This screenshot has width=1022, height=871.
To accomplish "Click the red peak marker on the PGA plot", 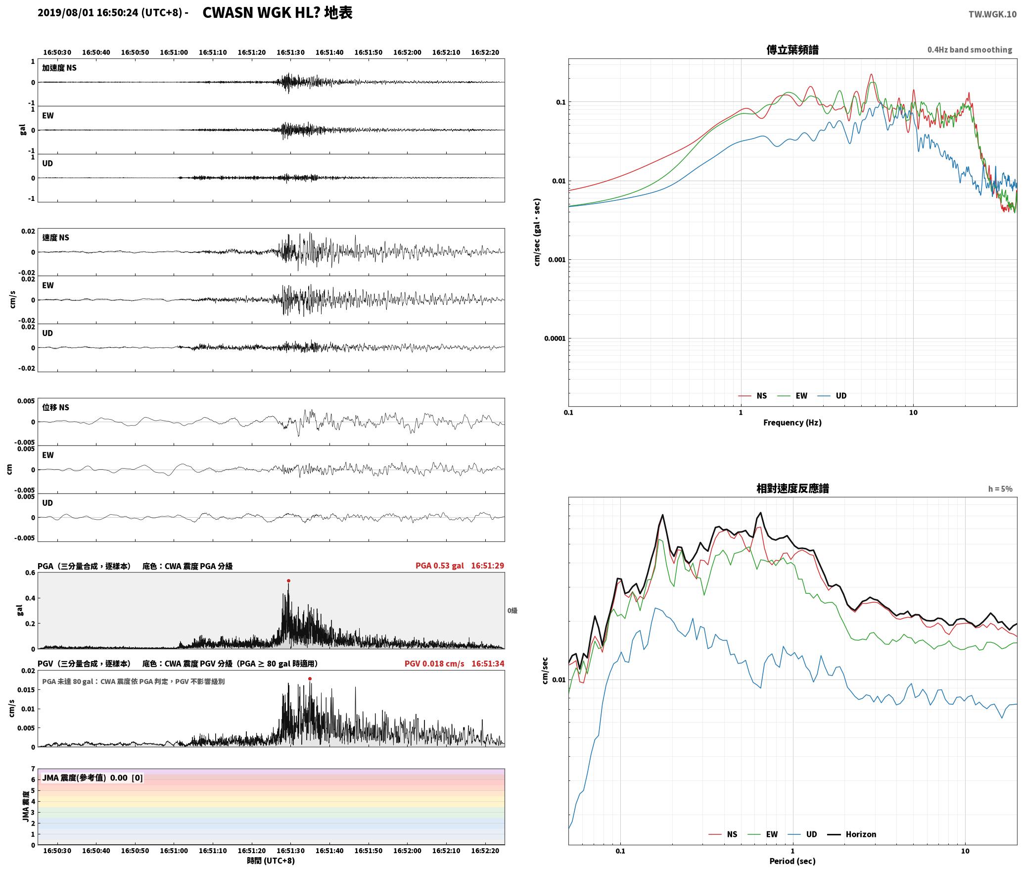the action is click(288, 581).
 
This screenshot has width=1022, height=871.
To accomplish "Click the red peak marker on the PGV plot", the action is click(310, 678).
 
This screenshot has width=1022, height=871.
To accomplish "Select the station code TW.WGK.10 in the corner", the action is click(992, 14).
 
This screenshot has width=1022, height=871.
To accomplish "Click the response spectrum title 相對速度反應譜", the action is click(792, 488).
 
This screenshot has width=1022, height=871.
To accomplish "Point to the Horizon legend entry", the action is click(852, 834).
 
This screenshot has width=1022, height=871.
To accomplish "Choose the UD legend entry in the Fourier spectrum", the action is click(832, 395).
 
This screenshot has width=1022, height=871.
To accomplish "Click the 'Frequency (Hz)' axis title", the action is click(792, 422).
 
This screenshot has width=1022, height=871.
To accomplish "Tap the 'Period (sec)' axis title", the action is click(792, 861).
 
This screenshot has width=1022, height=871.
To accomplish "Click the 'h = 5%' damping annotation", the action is click(1000, 489).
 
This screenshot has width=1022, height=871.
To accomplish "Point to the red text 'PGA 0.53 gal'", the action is click(440, 566).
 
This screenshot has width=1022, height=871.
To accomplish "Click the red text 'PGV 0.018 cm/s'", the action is click(434, 664).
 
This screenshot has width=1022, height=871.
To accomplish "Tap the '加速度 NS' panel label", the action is click(59, 68).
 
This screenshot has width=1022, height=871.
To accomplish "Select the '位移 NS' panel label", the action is click(55, 407).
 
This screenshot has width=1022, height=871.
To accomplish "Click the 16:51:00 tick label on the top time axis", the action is click(174, 52).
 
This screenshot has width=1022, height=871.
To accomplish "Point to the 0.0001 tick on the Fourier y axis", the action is click(555, 339).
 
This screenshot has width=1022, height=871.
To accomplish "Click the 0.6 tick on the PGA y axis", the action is click(30, 573).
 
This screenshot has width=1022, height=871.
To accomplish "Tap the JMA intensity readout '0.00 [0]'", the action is click(126, 777).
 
